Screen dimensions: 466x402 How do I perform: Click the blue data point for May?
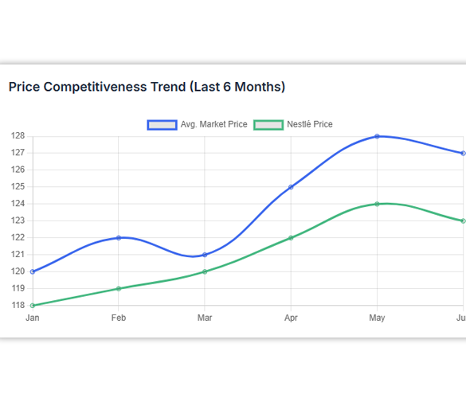coord(377,136)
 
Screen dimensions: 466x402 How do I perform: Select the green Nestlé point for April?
coord(291,238)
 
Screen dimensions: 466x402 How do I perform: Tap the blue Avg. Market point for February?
coord(119,238)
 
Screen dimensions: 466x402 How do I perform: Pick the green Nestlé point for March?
coord(205,271)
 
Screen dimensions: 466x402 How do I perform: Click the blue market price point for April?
coord(291,187)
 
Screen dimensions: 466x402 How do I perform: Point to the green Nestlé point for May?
coord(377,204)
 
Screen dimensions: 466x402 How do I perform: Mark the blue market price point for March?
coord(205,255)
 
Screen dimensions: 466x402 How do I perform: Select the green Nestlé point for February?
coord(119,289)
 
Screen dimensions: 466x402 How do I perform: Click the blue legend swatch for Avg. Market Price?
coord(163,125)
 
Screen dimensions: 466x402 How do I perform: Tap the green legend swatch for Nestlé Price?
coord(268,125)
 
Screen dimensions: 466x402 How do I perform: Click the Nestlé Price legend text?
coord(310,124)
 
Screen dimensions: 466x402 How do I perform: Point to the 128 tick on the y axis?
coord(18,136)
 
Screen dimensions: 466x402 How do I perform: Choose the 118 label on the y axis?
coord(18,305)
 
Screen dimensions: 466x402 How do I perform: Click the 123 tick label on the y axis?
coord(18,221)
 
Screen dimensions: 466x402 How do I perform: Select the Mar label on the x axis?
coord(205,318)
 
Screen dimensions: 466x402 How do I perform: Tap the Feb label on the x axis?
coord(119,318)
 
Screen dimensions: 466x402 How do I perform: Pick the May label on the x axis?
coord(377,318)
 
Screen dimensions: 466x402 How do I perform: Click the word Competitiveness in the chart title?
coord(95,87)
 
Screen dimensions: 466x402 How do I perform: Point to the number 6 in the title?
coord(227,87)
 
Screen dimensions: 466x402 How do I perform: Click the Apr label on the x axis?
coord(291,318)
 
